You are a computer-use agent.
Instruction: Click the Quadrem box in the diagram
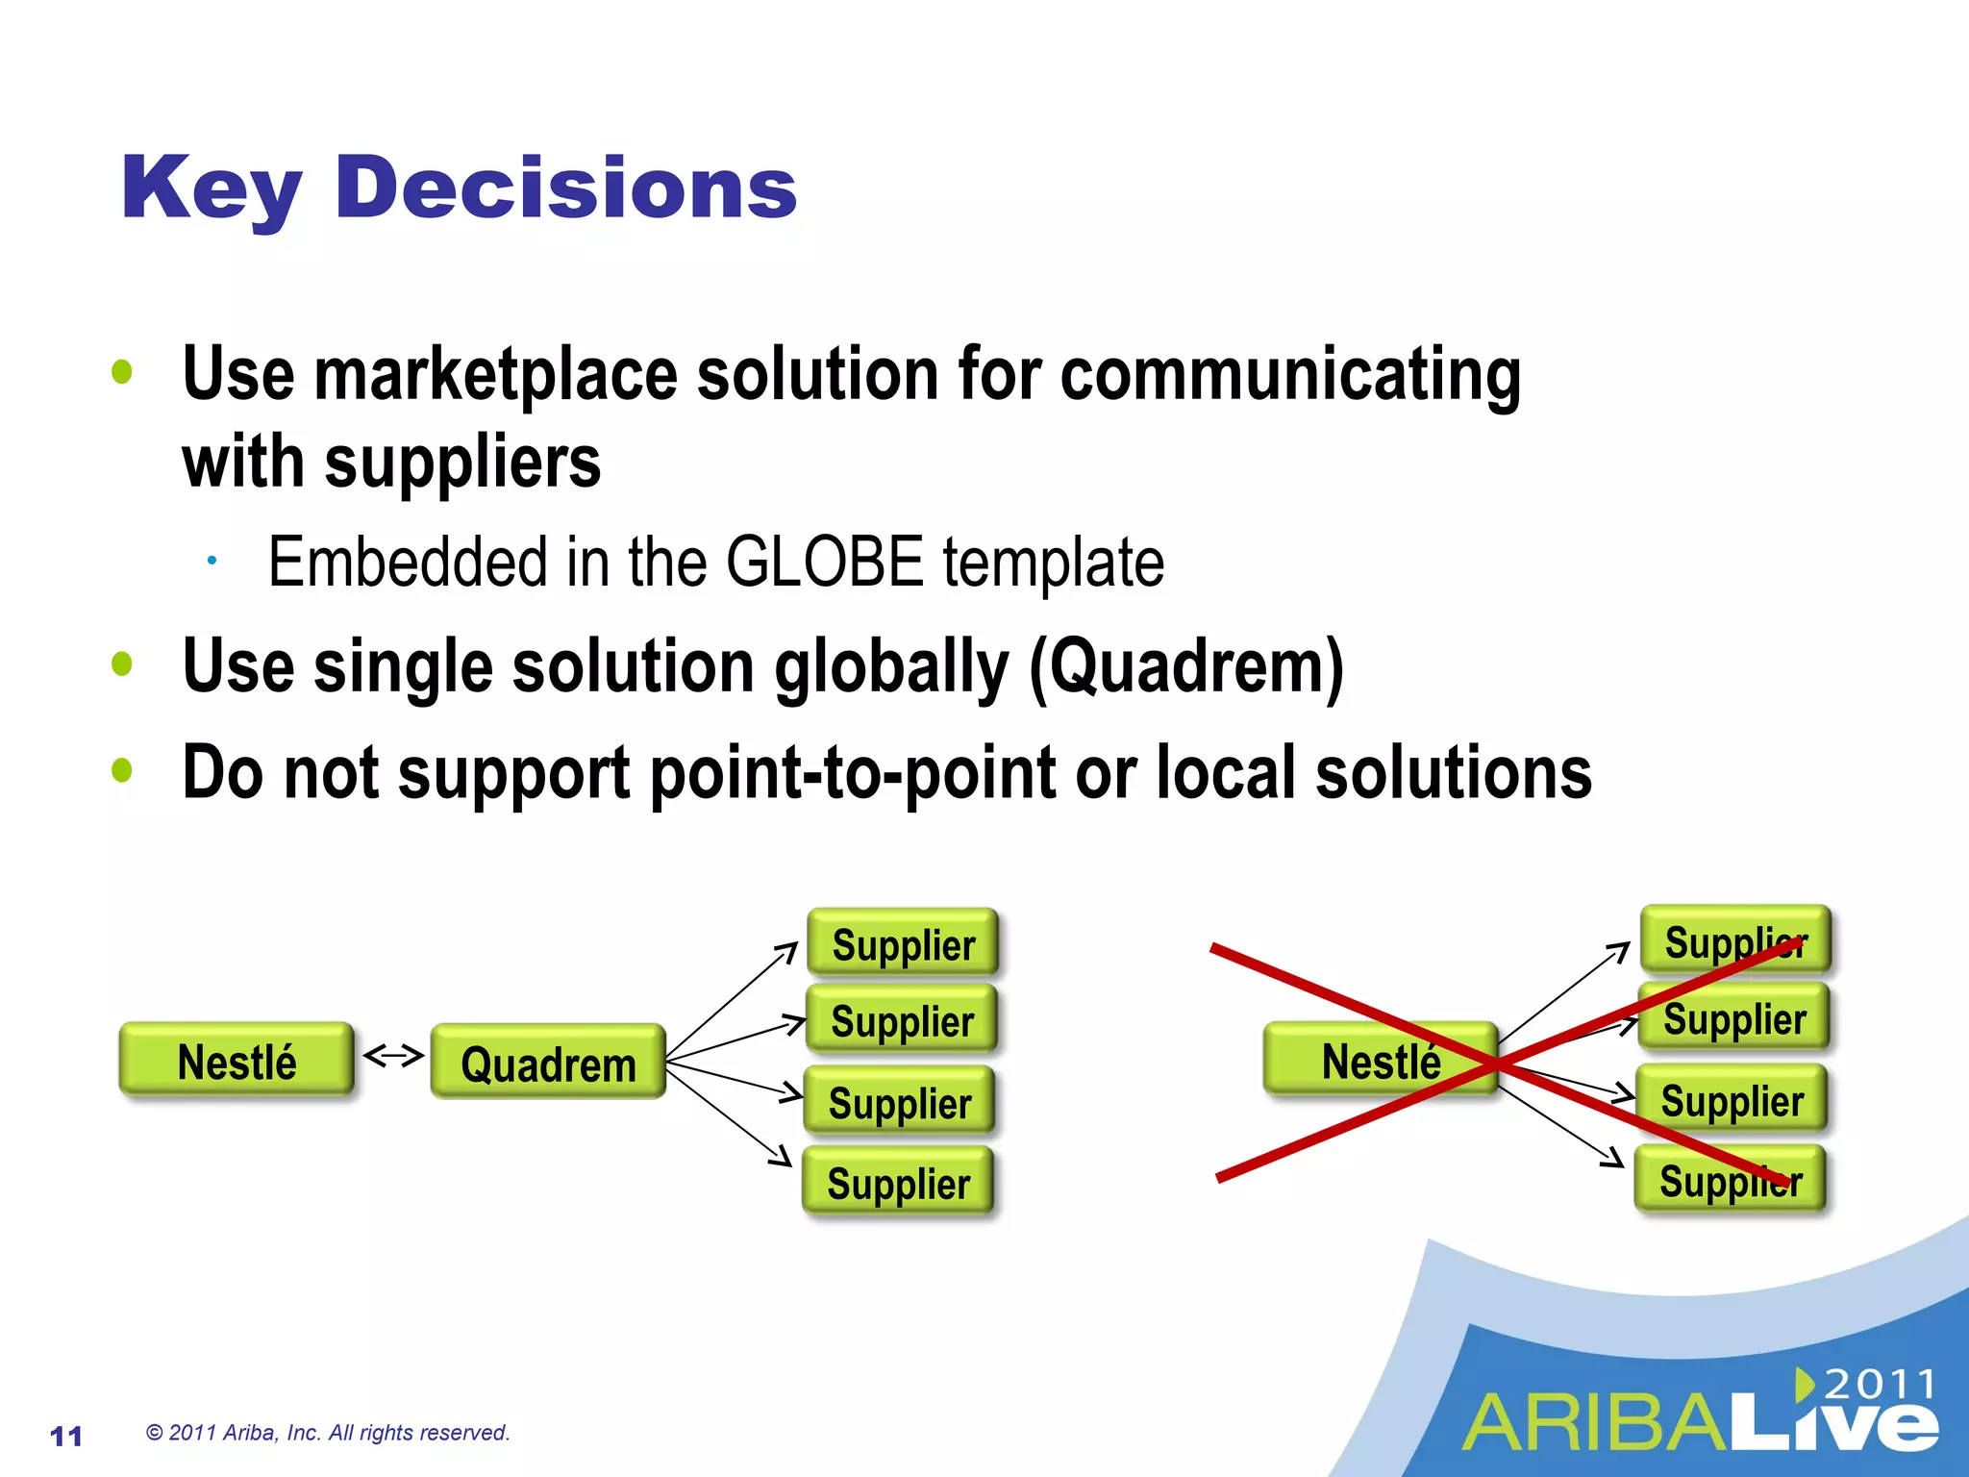pyautogui.click(x=548, y=1063)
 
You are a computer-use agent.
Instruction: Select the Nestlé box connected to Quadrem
pyautogui.click(x=237, y=1061)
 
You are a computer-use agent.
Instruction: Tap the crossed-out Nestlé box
pyautogui.click(x=1381, y=1061)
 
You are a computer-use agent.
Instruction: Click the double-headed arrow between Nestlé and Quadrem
pyautogui.click(x=393, y=1056)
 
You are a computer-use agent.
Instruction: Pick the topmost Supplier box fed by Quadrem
pyautogui.click(x=903, y=943)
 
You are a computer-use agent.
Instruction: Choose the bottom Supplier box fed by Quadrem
pyautogui.click(x=898, y=1183)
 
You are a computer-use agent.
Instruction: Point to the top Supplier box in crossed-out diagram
pyautogui.click(x=1735, y=940)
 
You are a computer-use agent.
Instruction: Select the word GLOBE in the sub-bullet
pyautogui.click(x=824, y=563)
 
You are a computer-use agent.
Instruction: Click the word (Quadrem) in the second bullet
pyautogui.click(x=1186, y=666)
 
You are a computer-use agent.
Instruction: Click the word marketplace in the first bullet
pyautogui.click(x=496, y=374)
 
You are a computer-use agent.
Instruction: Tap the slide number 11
pyautogui.click(x=65, y=1436)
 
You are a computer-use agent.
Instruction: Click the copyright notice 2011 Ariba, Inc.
pyautogui.click(x=328, y=1433)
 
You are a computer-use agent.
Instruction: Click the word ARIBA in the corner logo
pyautogui.click(x=1596, y=1423)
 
